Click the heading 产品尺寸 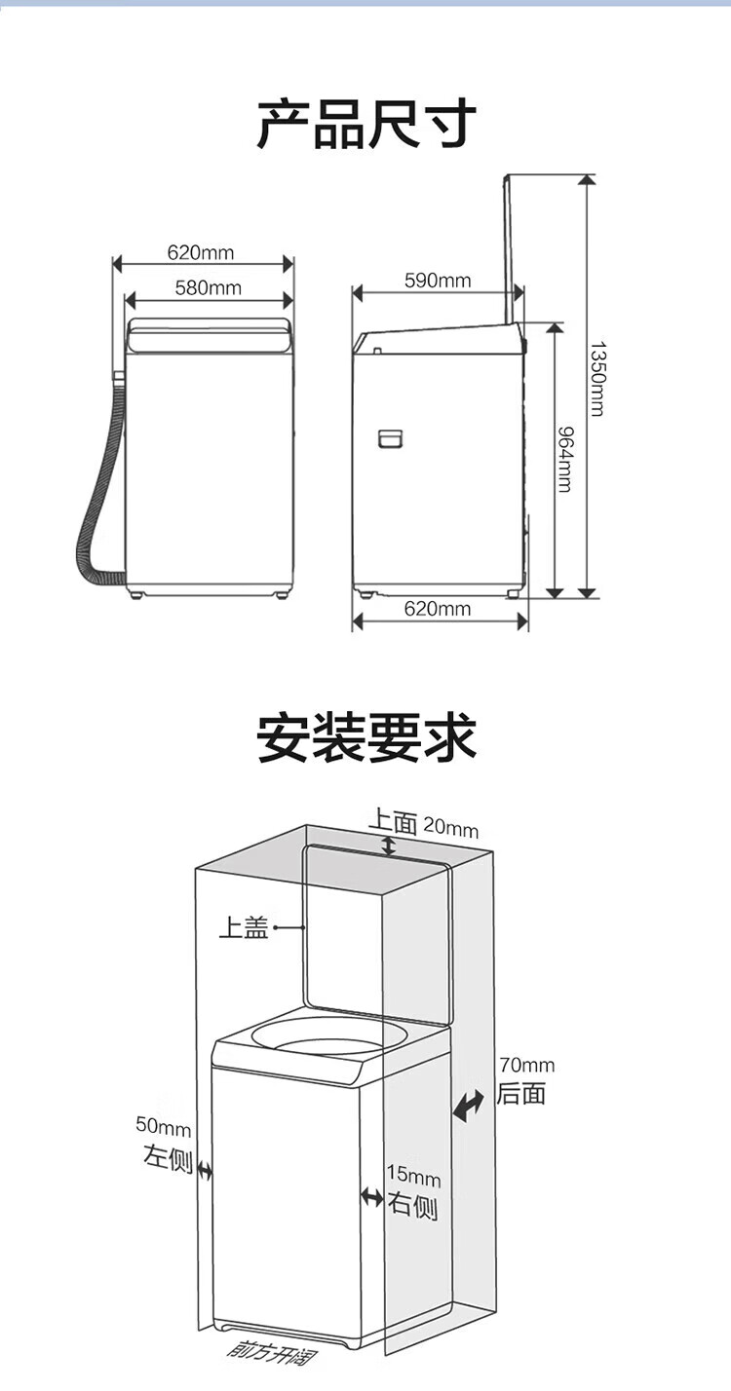(365, 124)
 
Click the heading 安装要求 (365, 737)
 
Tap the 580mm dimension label (208, 287)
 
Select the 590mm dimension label (438, 282)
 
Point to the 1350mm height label (596, 378)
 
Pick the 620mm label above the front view (201, 253)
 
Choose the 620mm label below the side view (438, 610)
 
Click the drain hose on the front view (93, 507)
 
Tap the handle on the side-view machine (391, 438)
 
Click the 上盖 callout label (243, 928)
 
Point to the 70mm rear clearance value (526, 1065)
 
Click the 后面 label (521, 1093)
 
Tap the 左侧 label (168, 1159)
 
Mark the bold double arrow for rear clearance (469, 1105)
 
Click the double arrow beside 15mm (371, 1196)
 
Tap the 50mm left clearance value (163, 1128)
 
